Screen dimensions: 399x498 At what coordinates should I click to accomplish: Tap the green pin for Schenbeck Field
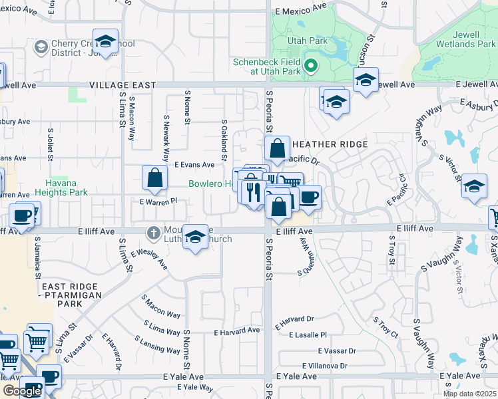pos(310,65)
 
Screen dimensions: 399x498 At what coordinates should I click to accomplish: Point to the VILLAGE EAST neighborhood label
pos(123,86)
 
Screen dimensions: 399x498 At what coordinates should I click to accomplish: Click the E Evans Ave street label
pos(194,164)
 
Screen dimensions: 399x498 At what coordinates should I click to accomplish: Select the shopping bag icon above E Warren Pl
pos(154,178)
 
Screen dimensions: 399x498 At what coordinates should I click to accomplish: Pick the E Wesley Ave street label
pos(149,258)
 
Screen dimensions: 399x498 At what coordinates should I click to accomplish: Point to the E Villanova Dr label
pos(324,366)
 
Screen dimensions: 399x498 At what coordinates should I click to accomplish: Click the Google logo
pos(22,391)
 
